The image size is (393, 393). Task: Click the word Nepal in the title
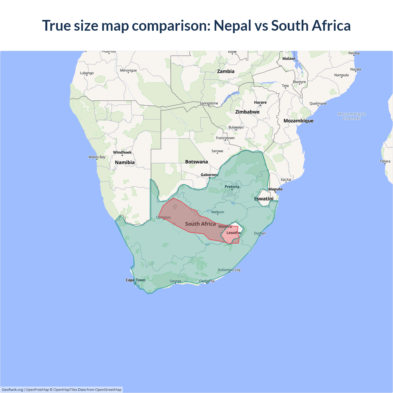click(232, 26)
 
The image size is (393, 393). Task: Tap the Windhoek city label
click(122, 152)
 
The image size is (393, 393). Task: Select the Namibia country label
click(125, 162)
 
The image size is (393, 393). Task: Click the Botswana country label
click(196, 162)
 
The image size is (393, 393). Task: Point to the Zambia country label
click(226, 71)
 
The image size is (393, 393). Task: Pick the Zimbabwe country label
click(247, 112)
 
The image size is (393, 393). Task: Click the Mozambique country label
click(298, 121)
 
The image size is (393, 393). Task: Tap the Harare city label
click(260, 103)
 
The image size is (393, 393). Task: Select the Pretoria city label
click(232, 187)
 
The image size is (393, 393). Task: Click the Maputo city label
click(275, 189)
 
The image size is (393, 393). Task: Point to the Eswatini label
click(264, 199)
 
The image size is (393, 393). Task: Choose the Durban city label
click(260, 233)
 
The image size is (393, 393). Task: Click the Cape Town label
click(135, 280)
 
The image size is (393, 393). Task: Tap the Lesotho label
click(233, 233)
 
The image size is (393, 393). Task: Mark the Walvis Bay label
click(97, 157)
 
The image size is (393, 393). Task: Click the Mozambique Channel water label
click(352, 116)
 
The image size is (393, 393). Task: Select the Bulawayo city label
click(236, 127)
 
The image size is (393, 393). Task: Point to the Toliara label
click(385, 161)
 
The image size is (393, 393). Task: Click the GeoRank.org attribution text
click(12, 390)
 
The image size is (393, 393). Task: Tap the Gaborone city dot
click(209, 178)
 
